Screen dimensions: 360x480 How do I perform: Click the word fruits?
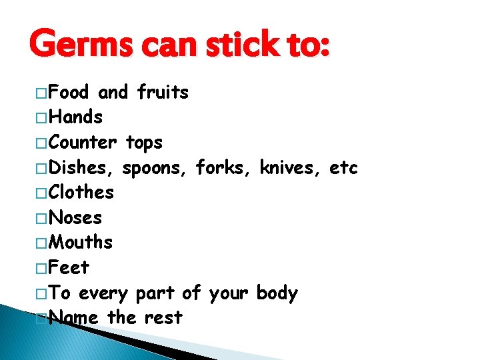pyautogui.click(x=163, y=92)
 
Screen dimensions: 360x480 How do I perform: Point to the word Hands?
pyautogui.click(x=76, y=117)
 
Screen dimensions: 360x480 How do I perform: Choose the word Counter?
pyautogui.click(x=83, y=142)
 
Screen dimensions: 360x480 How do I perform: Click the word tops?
pyautogui.click(x=144, y=143)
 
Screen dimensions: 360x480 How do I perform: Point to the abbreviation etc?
pyautogui.click(x=344, y=167)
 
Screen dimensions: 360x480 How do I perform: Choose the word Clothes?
pyautogui.click(x=82, y=193)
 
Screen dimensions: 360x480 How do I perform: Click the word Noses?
pyautogui.click(x=76, y=217)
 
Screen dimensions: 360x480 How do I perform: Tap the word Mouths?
pyautogui.click(x=81, y=242)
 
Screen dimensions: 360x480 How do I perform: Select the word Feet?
pyautogui.click(x=69, y=267)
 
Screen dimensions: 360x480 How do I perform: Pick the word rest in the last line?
pyautogui.click(x=163, y=318)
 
